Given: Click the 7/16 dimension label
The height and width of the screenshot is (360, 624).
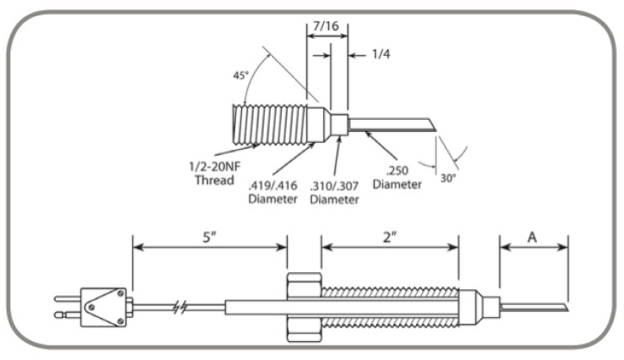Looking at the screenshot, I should coord(327,27).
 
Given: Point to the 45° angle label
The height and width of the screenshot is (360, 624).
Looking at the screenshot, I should coord(240,74).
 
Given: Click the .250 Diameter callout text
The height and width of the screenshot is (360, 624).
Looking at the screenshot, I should coord(398,177).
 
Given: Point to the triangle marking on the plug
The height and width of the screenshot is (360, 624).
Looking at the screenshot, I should coord(109,306).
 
